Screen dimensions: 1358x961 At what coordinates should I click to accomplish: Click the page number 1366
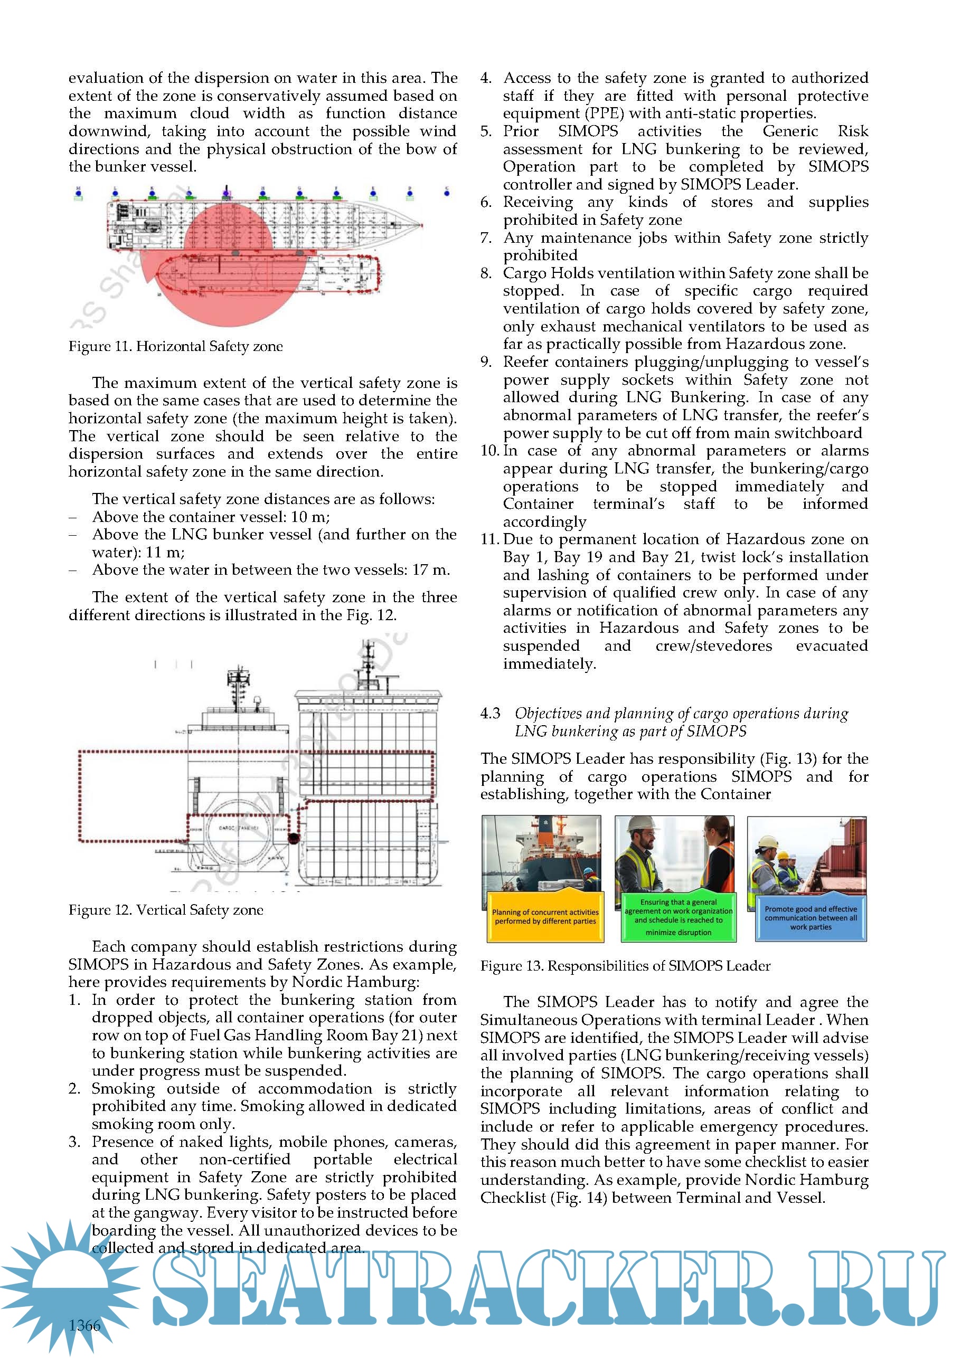pyautogui.click(x=84, y=1325)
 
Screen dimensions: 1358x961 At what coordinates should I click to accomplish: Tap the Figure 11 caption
pyautogui.click(x=175, y=346)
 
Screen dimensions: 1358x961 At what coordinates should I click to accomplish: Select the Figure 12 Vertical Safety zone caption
pyautogui.click(x=166, y=910)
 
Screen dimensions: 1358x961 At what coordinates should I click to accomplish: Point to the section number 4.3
pyautogui.click(x=490, y=713)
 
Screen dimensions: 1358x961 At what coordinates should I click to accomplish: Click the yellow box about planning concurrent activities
pyautogui.click(x=545, y=917)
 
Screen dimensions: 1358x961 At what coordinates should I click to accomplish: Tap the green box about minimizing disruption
pyautogui.click(x=678, y=917)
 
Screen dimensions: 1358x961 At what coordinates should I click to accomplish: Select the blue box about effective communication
pyautogui.click(x=810, y=917)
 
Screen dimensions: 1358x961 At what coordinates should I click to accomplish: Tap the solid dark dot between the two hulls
pyautogui.click(x=293, y=838)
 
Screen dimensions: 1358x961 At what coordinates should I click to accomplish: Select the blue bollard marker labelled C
pyautogui.click(x=446, y=192)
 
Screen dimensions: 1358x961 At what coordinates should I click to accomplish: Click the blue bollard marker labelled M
pyautogui.click(x=78, y=192)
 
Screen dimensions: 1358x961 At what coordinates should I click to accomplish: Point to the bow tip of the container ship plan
pyautogui.click(x=422, y=225)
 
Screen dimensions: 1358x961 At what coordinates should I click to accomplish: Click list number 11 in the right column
pyautogui.click(x=489, y=539)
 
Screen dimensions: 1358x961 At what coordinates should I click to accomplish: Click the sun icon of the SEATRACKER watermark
pyautogui.click(x=68, y=1286)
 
